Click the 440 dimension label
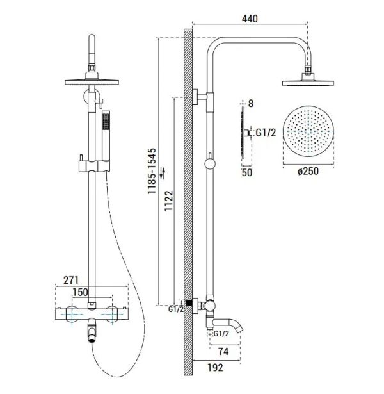click(x=250, y=19)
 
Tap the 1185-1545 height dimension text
click(x=152, y=171)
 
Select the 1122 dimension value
click(x=169, y=201)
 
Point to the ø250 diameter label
click(x=308, y=171)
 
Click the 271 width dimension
click(x=71, y=280)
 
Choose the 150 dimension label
click(x=80, y=292)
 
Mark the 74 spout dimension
click(x=223, y=352)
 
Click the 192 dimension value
click(x=215, y=367)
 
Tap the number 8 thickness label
click(x=251, y=103)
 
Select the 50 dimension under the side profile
click(x=247, y=172)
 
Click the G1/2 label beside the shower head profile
click(x=266, y=133)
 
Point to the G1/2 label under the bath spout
click(x=221, y=333)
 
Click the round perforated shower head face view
click(x=308, y=131)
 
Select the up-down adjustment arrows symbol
click(x=163, y=174)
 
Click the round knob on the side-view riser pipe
click(x=210, y=164)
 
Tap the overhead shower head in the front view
click(x=92, y=81)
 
